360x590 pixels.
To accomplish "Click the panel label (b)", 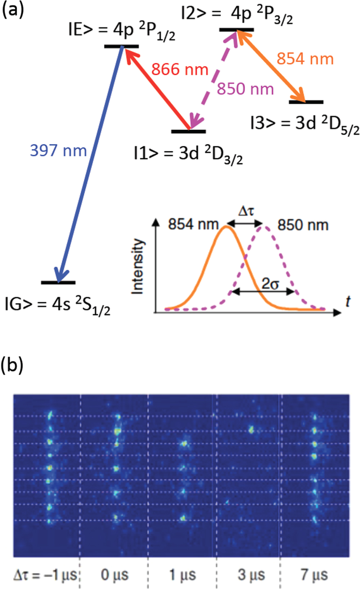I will point(13,365).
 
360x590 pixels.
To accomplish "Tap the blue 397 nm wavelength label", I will point(58,150).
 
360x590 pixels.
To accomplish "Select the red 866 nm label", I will point(180,69).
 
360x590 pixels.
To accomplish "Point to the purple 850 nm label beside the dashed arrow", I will point(245,89).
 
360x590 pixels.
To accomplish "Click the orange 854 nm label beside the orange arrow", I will point(305,59).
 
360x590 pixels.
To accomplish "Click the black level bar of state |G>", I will point(58,283).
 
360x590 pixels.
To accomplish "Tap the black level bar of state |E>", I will point(121,46).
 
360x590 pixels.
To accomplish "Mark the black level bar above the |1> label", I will point(188,131).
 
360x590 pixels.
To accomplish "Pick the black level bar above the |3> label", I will point(306,102).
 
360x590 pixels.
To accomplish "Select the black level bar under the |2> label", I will point(237,30).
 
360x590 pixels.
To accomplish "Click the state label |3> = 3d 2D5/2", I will point(305,125).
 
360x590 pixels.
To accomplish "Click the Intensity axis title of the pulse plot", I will point(138,266).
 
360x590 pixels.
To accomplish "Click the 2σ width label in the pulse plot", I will point(270,284).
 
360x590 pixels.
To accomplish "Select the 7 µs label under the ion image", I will point(314,575).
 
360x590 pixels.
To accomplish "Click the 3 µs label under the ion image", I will point(251,575).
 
